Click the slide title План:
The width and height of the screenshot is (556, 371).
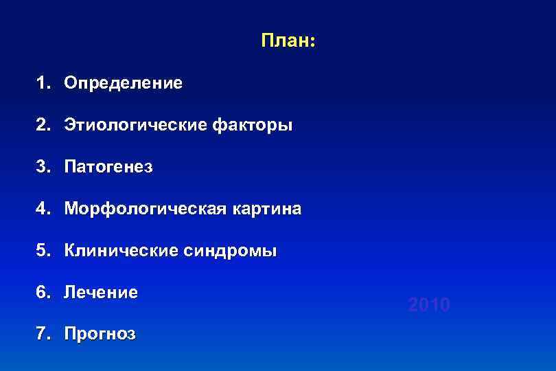(288, 41)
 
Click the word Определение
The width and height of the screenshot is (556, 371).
(124, 84)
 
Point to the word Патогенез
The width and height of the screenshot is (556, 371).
(108, 168)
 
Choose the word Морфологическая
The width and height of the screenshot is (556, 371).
(140, 209)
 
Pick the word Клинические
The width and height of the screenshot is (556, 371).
(119, 251)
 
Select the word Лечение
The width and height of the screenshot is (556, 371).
(101, 293)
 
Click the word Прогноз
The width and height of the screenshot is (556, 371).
(100, 335)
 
